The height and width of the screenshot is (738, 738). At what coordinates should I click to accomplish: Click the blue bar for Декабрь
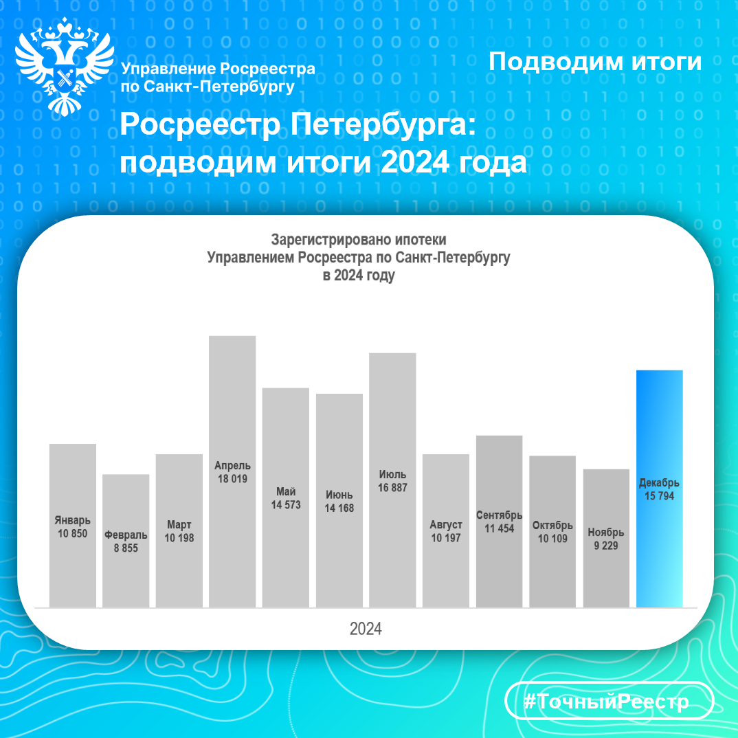[x=660, y=489]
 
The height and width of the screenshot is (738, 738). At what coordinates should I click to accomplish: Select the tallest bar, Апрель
[x=232, y=471]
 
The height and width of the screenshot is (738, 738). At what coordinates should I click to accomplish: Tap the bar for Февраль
[x=126, y=541]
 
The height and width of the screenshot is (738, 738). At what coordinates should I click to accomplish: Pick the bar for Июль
[x=392, y=480]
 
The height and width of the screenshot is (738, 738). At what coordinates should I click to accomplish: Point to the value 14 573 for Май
[x=286, y=505]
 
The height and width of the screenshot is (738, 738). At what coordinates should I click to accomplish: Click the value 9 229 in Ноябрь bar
[x=606, y=546]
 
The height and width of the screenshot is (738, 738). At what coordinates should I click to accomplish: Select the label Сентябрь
[x=500, y=515]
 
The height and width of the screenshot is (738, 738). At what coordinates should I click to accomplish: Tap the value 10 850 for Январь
[x=72, y=534]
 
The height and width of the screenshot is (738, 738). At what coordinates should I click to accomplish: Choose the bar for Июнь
[x=339, y=500]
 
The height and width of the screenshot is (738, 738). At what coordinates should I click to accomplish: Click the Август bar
[x=446, y=531]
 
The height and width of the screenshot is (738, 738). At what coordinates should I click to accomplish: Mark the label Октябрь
[x=552, y=526]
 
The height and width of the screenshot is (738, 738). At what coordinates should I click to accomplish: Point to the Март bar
[x=179, y=531]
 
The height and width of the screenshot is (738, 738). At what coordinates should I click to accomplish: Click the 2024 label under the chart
[x=366, y=629]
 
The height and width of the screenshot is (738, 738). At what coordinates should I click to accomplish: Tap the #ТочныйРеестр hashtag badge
[x=609, y=701]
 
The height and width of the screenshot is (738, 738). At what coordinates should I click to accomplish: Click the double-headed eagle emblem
[x=65, y=67]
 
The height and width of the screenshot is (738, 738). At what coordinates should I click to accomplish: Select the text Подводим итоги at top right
[x=595, y=62]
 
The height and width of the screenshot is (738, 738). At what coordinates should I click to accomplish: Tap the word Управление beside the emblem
[x=168, y=69]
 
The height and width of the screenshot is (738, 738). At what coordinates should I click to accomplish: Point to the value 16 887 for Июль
[x=392, y=488]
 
